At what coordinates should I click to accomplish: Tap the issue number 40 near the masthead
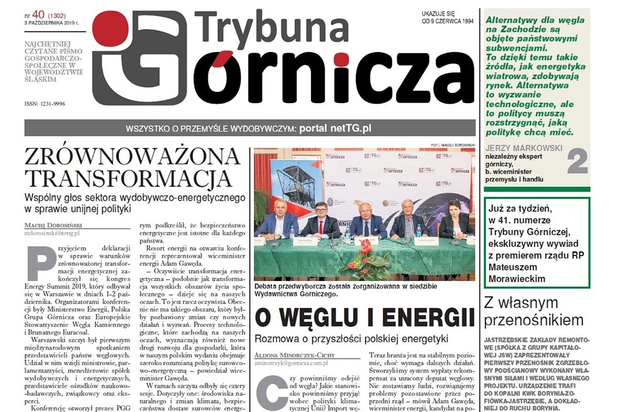(x=38, y=15)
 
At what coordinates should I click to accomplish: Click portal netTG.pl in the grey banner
(x=335, y=128)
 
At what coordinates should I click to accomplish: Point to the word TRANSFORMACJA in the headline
(x=128, y=179)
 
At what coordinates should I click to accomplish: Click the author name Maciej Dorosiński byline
(x=53, y=225)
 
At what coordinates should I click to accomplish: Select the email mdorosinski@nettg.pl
(x=52, y=233)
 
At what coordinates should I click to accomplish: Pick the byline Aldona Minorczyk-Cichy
(x=294, y=355)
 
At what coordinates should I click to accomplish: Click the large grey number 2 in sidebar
(x=577, y=162)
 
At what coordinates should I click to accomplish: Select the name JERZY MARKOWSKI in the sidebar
(x=524, y=148)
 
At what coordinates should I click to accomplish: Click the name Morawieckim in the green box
(x=516, y=279)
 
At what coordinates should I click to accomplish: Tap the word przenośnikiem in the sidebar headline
(x=534, y=320)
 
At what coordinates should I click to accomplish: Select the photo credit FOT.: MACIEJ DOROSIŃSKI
(x=453, y=145)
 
